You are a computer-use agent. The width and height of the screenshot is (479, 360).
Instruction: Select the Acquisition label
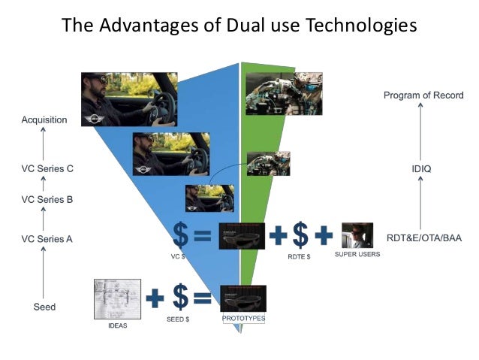pyautogui.click(x=44, y=119)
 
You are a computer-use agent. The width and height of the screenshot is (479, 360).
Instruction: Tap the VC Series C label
pyautogui.click(x=47, y=169)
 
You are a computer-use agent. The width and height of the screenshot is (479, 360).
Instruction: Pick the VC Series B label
pyautogui.click(x=47, y=200)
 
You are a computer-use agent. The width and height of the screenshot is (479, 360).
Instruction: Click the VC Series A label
pyautogui.click(x=47, y=239)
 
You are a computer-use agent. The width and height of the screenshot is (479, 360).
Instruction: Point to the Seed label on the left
pyautogui.click(x=44, y=307)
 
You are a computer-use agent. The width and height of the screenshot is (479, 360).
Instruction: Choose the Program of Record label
pyautogui.click(x=423, y=95)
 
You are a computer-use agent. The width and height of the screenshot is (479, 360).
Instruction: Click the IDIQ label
pyautogui.click(x=421, y=169)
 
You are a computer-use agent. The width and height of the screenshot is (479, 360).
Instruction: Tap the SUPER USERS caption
pyautogui.click(x=357, y=255)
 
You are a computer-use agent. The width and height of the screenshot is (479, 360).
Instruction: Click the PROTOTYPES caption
pyautogui.click(x=243, y=319)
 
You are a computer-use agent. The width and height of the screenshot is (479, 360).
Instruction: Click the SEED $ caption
pyautogui.click(x=180, y=319)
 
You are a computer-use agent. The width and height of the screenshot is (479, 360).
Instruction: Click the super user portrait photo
pyautogui.click(x=357, y=234)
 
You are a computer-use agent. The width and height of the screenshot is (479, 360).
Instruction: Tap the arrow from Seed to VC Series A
pyautogui.click(x=44, y=274)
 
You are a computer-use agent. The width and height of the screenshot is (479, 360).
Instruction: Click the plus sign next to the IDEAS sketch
pyautogui.click(x=155, y=298)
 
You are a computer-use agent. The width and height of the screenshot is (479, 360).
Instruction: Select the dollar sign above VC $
pyautogui.click(x=180, y=234)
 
